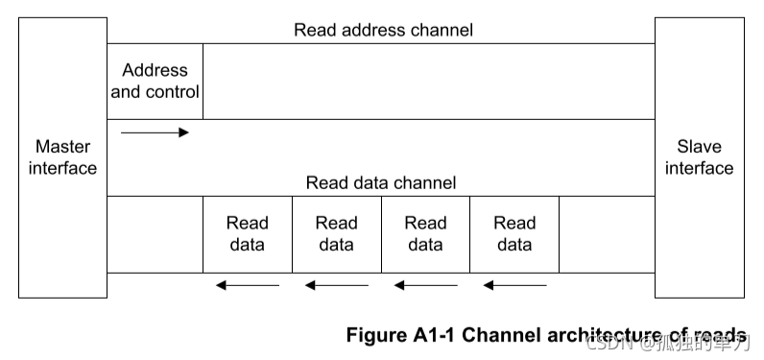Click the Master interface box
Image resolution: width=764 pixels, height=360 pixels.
[x=62, y=157]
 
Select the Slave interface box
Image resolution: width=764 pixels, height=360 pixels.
[x=699, y=157]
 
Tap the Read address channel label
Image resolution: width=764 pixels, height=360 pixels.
[x=383, y=30]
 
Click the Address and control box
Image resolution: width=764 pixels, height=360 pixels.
[x=155, y=82]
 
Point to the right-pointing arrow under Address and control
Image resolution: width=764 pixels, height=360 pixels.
[x=155, y=132]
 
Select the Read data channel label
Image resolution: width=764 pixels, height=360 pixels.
[x=381, y=182]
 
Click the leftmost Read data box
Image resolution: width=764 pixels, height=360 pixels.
[x=247, y=234]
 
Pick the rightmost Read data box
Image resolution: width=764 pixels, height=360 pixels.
[x=514, y=234]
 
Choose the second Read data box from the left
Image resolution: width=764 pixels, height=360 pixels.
[x=336, y=234]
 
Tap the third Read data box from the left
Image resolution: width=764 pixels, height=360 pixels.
[x=425, y=234]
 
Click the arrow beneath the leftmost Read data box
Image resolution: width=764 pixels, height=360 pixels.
[x=247, y=285]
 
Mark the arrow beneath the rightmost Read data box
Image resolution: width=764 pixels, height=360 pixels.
[x=514, y=285]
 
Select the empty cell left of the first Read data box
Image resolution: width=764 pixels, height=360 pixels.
[x=155, y=234]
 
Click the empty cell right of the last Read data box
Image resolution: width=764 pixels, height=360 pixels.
[x=607, y=234]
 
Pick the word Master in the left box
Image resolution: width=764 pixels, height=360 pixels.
[x=62, y=147]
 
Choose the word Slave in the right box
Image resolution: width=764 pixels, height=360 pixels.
[x=699, y=147]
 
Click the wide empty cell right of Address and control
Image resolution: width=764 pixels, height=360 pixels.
[x=428, y=82]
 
